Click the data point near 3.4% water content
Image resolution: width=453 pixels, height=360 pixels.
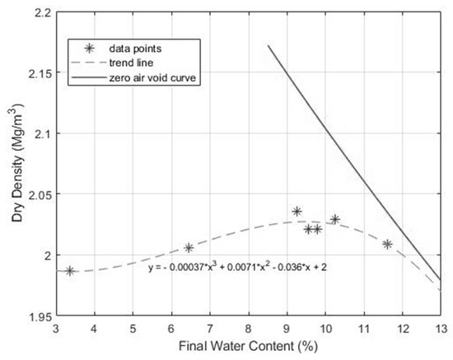pos(70,270)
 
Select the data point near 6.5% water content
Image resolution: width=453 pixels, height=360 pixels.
pos(189,247)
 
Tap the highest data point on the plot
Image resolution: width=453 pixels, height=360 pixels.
pos(297,211)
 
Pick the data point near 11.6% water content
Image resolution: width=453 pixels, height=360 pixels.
pos(387,244)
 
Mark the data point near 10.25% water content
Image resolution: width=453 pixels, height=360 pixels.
pos(335,219)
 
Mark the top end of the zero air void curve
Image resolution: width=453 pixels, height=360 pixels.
pos(269,46)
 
